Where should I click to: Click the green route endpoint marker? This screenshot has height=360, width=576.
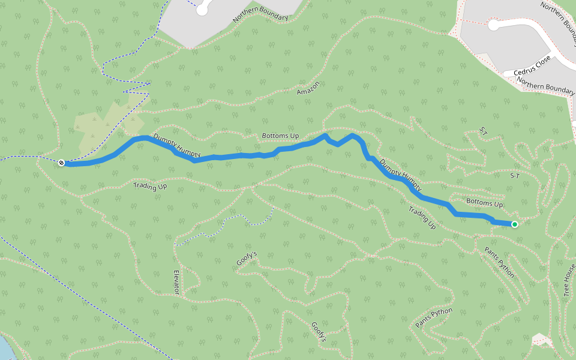coord(514,224)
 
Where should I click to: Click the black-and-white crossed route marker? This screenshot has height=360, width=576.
coord(61,163)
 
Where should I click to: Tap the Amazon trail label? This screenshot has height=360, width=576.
coord(308,88)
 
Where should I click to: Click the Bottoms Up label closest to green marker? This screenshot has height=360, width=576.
coord(484,203)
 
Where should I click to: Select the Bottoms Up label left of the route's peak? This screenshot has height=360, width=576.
coord(280,136)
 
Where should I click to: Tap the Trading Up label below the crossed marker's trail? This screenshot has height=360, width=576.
coord(150,187)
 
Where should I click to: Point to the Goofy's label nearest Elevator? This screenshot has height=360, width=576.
coord(246,258)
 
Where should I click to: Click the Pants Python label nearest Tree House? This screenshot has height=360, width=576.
coord(499,265)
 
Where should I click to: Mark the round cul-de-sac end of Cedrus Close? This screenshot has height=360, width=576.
coord(494,25)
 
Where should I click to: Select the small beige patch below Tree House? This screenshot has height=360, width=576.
coord(542,340)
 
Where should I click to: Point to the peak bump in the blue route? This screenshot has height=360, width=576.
coord(353,136)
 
